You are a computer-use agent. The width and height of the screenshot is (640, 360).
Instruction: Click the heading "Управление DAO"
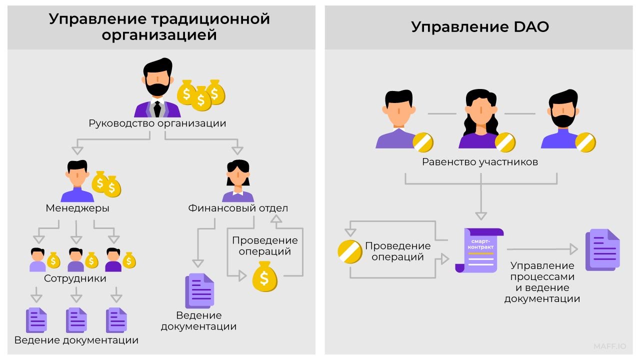[479, 26]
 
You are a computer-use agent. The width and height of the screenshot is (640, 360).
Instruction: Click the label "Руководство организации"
[157, 123]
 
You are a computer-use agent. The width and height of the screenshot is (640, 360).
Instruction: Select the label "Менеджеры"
[77, 208]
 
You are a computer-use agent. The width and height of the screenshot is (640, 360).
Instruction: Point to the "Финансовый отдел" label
[238, 208]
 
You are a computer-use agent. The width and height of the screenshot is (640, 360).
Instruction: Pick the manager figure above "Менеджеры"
[77, 181]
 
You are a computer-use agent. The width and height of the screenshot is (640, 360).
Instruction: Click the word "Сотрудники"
[75, 278]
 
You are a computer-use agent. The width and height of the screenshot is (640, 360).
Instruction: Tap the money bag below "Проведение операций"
[264, 276]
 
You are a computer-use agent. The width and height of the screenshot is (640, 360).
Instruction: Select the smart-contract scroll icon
[478, 250]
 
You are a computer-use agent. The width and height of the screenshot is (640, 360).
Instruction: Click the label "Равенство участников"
[480, 162]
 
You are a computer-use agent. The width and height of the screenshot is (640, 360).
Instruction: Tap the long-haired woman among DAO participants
[479, 120]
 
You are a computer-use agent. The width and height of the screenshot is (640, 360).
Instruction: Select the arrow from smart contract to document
[542, 249]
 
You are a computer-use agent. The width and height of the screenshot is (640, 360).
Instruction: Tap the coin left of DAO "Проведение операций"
[350, 252]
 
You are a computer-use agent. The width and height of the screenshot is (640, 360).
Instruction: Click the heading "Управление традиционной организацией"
[159, 27]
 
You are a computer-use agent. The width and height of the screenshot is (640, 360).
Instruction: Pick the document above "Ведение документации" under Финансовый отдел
[199, 290]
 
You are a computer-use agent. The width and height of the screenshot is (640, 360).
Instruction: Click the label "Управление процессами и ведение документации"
[542, 282]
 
